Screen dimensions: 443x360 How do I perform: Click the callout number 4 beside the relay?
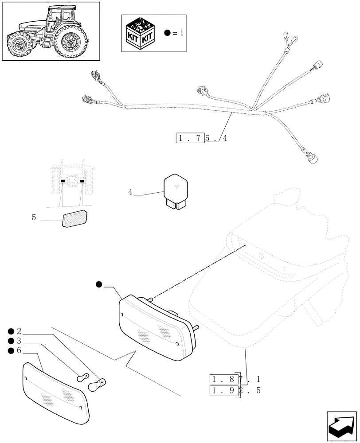130,193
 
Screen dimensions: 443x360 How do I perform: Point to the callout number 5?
34,218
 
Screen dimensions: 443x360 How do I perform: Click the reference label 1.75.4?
202,138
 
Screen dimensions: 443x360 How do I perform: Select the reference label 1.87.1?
235,379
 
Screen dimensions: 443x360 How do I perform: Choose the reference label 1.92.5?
235,392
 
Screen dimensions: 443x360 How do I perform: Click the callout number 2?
19,331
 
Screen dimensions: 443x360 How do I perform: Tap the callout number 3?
19,341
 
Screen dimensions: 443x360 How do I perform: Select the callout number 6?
19,351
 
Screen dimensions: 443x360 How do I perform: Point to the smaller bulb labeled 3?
82,378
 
